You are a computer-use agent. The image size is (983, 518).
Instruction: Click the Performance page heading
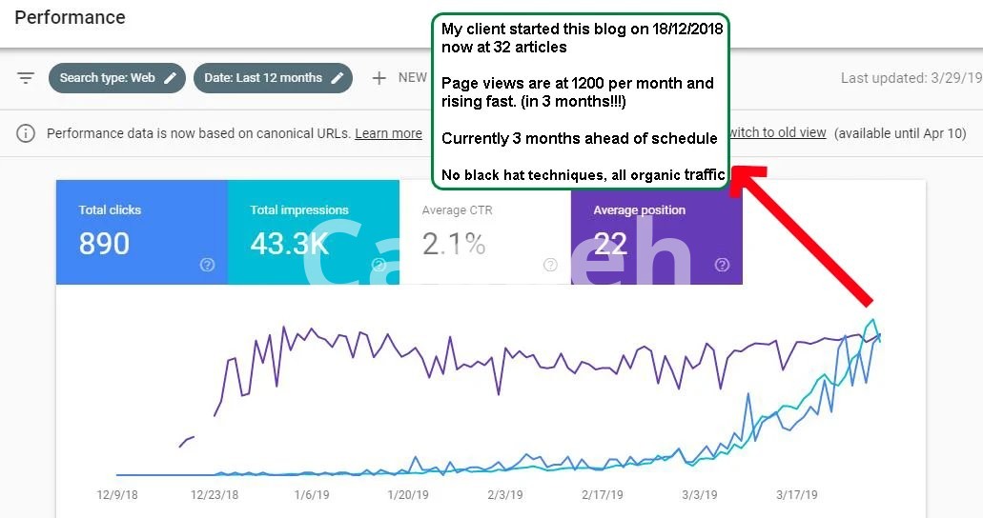[x=70, y=17]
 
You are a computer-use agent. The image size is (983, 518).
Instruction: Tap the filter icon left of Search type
[x=26, y=78]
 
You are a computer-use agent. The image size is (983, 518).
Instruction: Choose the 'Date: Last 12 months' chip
[x=273, y=78]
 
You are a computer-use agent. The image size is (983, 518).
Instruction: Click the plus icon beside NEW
[x=379, y=78]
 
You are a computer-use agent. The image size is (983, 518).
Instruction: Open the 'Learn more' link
[x=388, y=133]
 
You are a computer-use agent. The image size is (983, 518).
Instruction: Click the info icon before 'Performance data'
[x=26, y=133]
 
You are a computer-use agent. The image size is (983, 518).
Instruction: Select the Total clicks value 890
[x=104, y=244]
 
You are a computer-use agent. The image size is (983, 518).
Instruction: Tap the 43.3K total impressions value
[x=289, y=244]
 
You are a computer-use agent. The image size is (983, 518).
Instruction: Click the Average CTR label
[x=457, y=210]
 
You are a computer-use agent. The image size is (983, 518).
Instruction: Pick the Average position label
[x=639, y=210]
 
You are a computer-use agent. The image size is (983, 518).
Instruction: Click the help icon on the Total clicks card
[x=207, y=265]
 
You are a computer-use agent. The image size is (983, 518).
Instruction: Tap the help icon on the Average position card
[x=722, y=265]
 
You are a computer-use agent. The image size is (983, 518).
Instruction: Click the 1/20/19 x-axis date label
[x=407, y=495]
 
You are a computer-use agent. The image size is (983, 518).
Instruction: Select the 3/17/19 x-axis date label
[x=798, y=495]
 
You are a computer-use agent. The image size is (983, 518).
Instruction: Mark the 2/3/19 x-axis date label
[x=505, y=495]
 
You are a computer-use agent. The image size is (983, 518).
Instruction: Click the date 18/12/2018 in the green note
[x=683, y=30]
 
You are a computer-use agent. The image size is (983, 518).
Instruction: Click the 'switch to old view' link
[x=776, y=133]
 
